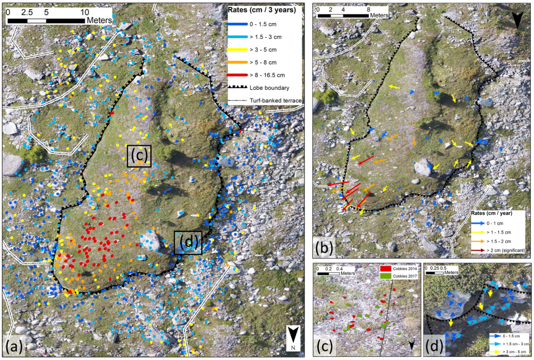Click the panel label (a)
point(14,347)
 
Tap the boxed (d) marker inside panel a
point(188,243)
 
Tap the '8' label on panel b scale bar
point(369,9)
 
